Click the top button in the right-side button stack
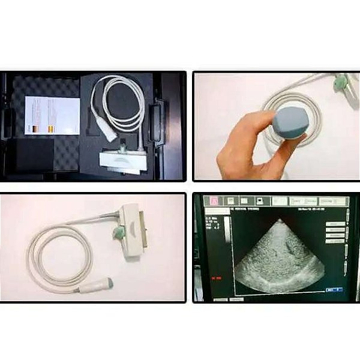pyautogui.click(x=335, y=223)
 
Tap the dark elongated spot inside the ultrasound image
pyautogui.click(x=291, y=244)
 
